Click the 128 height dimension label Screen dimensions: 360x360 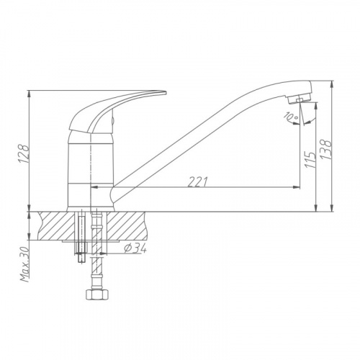pyautogui.click(x=24, y=153)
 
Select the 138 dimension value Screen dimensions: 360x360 pyautogui.click(x=326, y=150)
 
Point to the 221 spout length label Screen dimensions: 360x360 pyautogui.click(x=197, y=182)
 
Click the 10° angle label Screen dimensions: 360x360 pyautogui.click(x=291, y=116)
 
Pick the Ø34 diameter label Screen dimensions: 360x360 pyautogui.click(x=135, y=249)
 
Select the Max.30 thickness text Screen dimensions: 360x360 pyautogui.click(x=25, y=264)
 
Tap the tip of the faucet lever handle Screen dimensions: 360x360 pyautogui.click(x=166, y=92)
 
